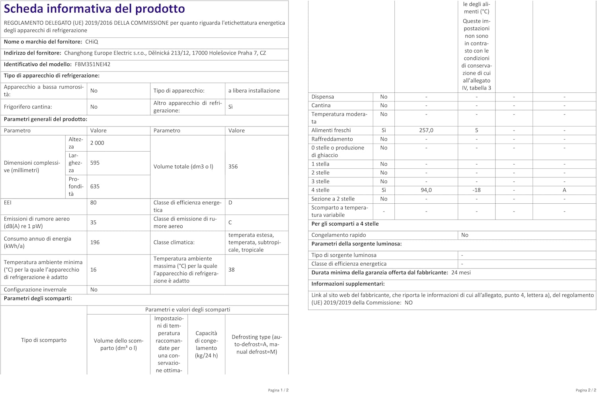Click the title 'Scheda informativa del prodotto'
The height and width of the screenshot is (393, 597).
pyautogui.click(x=94, y=9)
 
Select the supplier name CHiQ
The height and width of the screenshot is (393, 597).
pyautogui.click(x=92, y=42)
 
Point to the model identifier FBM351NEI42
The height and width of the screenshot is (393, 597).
pyautogui.click(x=92, y=64)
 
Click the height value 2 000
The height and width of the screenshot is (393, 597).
pyautogui.click(x=97, y=143)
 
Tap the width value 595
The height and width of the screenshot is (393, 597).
pyautogui.click(x=95, y=163)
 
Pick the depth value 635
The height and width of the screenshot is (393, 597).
pyautogui.click(x=95, y=186)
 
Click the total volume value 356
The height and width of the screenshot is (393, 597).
pyautogui.click(x=233, y=167)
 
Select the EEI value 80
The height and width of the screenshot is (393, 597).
pyautogui.click(x=94, y=202)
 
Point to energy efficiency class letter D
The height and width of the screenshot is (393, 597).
pyautogui.click(x=230, y=202)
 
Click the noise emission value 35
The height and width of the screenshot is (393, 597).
pyautogui.click(x=93, y=222)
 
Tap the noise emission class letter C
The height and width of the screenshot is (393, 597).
pyautogui.click(x=230, y=222)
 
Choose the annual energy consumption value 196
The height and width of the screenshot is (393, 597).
pyautogui.click(x=95, y=242)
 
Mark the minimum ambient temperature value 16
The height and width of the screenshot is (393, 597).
pyautogui.click(x=93, y=270)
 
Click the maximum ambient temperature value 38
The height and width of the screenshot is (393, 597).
pyautogui.click(x=231, y=270)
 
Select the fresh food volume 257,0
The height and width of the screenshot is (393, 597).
pyautogui.click(x=426, y=130)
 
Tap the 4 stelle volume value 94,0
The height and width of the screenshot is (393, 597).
pyautogui.click(x=426, y=190)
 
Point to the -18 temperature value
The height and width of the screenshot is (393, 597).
pyautogui.click(x=476, y=190)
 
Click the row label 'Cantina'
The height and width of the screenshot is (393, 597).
pyautogui.click(x=321, y=105)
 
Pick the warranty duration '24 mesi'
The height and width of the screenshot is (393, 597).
pyautogui.click(x=461, y=273)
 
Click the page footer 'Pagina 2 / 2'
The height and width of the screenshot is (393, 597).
pyautogui.click(x=585, y=390)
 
